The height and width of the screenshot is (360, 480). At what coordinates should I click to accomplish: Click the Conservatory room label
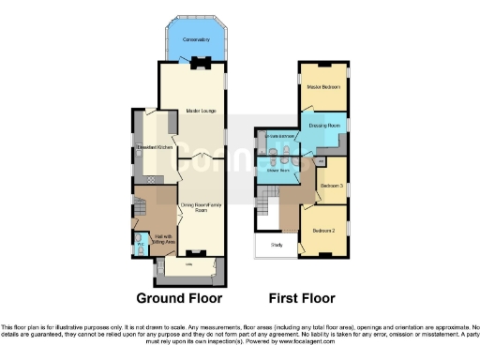pyautogui.click(x=196, y=38)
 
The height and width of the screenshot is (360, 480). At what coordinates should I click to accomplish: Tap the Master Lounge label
pyautogui.click(x=201, y=112)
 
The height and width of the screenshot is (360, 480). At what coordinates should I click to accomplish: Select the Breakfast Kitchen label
pyautogui.click(x=151, y=147)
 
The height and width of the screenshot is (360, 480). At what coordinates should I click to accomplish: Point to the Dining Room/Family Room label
pyautogui.click(x=193, y=207)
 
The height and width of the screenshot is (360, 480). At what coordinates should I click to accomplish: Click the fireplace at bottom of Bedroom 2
pyautogui.click(x=322, y=254)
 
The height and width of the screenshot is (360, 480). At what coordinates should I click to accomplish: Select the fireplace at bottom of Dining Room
pyautogui.click(x=194, y=253)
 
